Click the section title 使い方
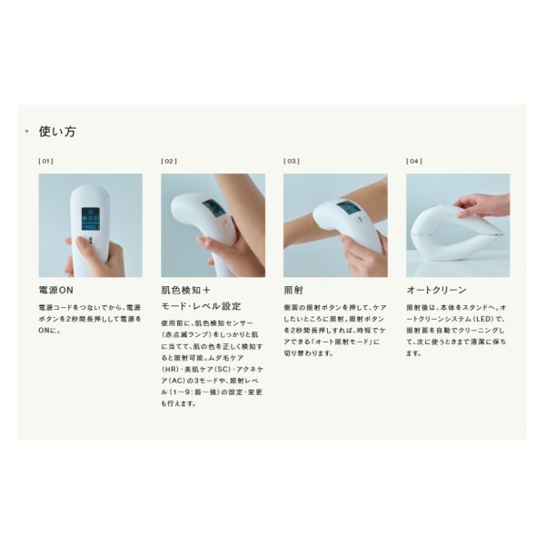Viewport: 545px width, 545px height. click(x=57, y=132)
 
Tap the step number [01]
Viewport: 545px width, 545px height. click(x=45, y=161)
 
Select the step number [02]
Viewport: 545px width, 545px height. click(x=168, y=161)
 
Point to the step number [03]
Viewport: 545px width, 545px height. click(x=291, y=161)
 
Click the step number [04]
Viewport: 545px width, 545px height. click(x=413, y=161)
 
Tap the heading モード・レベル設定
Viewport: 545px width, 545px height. click(x=201, y=306)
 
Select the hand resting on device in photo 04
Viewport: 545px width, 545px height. click(x=481, y=205)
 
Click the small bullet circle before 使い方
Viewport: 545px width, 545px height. click(x=27, y=132)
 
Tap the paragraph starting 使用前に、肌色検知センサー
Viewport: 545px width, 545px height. click(x=213, y=362)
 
